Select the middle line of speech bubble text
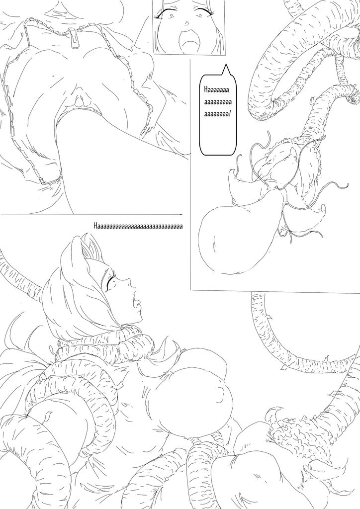coord(218,102)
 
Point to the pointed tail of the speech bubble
coord(226,70)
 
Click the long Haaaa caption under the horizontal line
coord(138,226)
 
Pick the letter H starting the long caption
coord(95,226)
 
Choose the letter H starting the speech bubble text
coord(206,89)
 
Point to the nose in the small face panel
coord(186,23)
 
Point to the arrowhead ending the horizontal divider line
coord(180,215)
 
